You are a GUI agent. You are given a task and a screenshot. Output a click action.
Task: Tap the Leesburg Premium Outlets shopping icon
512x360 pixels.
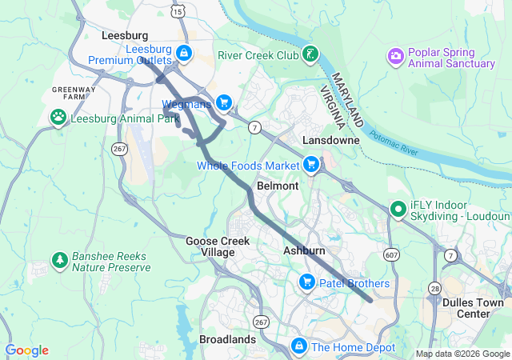(184, 54)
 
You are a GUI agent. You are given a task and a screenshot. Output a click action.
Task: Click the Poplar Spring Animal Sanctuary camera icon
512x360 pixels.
(395, 56)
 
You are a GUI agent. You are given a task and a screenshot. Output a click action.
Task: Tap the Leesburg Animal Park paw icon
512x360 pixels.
(58, 118)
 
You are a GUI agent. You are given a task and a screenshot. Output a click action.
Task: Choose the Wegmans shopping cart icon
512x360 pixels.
(224, 102)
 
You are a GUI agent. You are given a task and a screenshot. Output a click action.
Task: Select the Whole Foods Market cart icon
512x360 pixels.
(311, 165)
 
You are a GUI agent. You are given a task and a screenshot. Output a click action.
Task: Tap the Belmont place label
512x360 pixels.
(278, 186)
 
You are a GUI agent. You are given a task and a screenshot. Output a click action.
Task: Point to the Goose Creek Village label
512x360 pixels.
(210, 246)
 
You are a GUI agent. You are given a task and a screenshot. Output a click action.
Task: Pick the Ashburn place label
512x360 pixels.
(304, 251)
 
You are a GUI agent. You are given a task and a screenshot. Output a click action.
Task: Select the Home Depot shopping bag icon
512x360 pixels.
(298, 346)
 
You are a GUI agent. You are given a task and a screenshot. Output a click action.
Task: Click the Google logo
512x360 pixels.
(27, 350)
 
